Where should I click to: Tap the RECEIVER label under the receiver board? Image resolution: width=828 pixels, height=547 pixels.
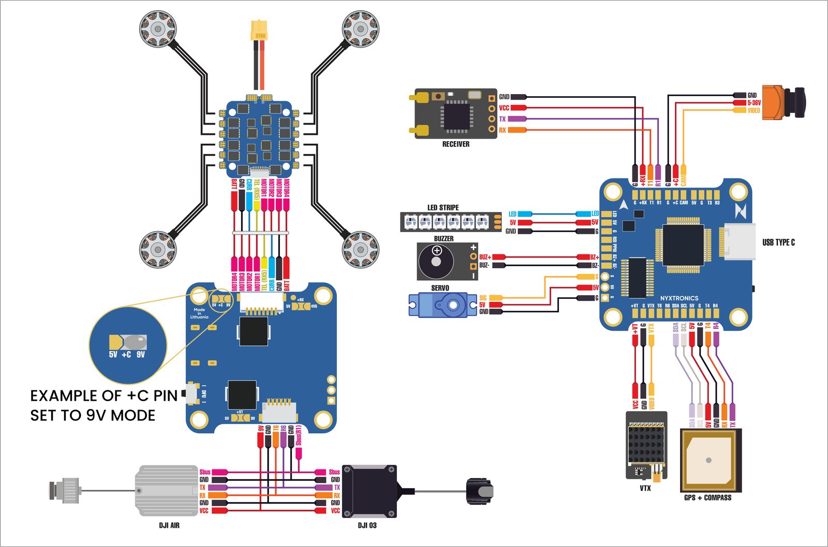(x=455, y=144)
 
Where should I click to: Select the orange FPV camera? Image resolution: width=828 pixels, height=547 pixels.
(x=783, y=102)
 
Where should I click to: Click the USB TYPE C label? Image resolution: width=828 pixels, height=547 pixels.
(x=778, y=242)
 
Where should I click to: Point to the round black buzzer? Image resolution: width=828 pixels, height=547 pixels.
(x=436, y=261)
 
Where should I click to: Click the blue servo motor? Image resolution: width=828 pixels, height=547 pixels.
(x=442, y=305)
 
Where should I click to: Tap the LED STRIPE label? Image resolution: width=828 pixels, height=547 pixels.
(x=443, y=207)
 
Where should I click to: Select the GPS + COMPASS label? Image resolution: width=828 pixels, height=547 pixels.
(x=707, y=498)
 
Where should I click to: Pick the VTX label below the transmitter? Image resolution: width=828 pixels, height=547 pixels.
(x=645, y=488)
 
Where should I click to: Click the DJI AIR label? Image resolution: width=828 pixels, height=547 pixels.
(x=169, y=525)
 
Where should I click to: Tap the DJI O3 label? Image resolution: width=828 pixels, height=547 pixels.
(x=367, y=525)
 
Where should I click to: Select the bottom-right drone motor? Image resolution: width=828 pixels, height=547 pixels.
(x=361, y=250)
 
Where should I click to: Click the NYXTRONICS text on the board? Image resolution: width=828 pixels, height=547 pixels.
(x=679, y=298)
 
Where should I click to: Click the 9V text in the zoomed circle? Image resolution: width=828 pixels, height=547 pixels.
(x=141, y=355)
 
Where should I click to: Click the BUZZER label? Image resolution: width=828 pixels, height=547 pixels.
(x=443, y=239)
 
